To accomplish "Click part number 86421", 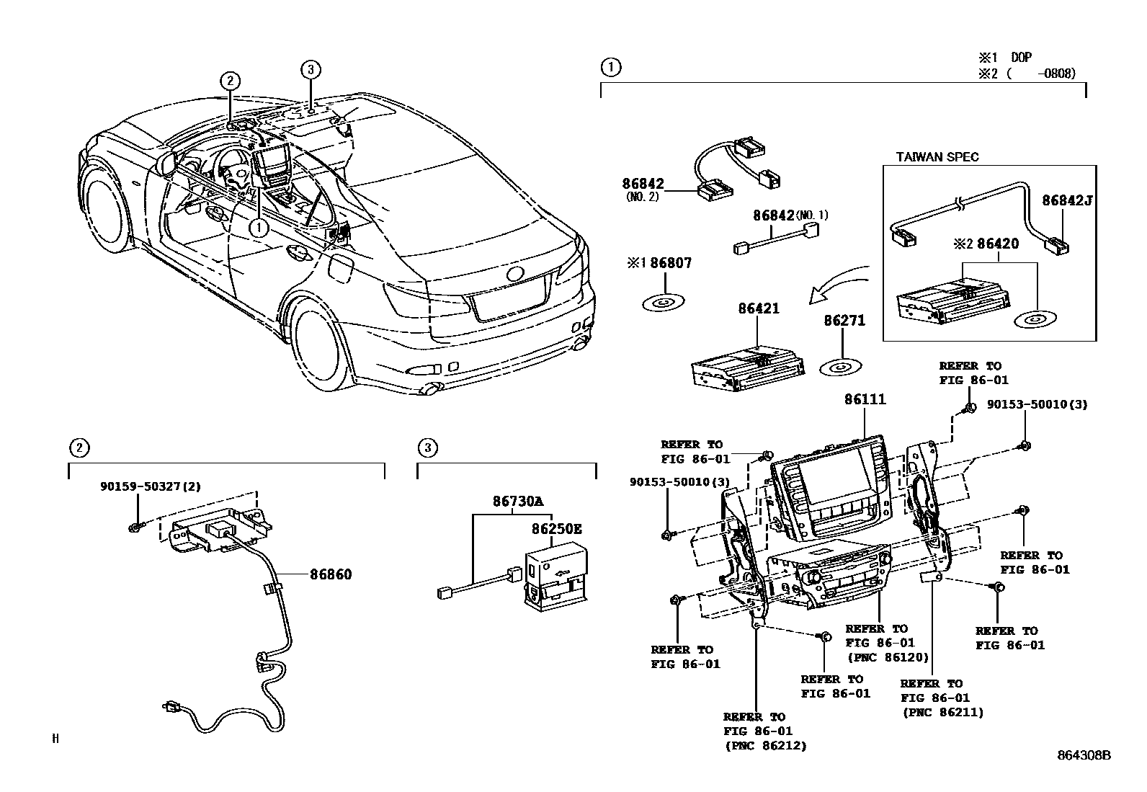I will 758,308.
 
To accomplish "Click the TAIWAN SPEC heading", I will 937,157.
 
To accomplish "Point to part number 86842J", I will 1067,200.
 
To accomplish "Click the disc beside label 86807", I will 663,303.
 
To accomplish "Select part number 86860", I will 331,574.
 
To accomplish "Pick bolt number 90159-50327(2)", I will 151,486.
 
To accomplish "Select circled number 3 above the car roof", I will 310,69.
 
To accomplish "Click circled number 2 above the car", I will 229,81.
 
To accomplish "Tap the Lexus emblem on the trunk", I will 516,274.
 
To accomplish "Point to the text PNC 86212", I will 765,745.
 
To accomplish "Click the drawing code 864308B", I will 1084,755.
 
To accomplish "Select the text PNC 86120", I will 887,657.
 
